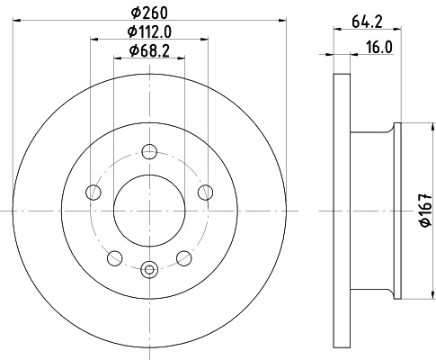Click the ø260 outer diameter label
tap(149, 13)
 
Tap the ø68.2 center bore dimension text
tap(149, 50)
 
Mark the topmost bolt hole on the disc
tap(149, 151)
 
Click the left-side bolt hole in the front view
tap(93, 191)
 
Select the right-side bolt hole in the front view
tap(206, 191)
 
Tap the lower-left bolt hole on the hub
tap(114, 258)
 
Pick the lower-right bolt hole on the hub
tap(184, 258)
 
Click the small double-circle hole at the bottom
tap(149, 266)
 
